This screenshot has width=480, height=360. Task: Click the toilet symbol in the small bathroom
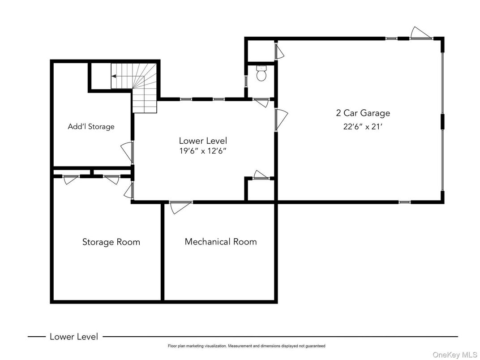point(261,73)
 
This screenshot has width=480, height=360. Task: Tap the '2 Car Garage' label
point(363,113)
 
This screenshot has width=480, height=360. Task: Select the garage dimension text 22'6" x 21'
point(363,126)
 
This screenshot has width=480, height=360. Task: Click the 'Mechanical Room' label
point(221,241)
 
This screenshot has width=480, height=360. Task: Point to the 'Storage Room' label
point(111,242)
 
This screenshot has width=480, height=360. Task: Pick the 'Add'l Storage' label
point(91,126)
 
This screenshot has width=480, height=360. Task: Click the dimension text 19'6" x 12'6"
point(203,151)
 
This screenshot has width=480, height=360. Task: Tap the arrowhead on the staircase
point(114,76)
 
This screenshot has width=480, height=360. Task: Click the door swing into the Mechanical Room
point(180,207)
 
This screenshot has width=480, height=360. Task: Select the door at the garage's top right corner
point(420,34)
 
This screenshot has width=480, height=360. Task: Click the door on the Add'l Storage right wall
point(127,152)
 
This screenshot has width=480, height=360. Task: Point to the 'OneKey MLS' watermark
point(455,355)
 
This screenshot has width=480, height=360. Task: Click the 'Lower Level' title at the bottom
point(74,337)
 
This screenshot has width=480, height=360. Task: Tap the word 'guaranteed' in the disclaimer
point(316,346)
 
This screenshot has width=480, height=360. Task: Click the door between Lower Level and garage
point(281,120)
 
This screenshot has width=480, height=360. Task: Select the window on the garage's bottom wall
point(404,202)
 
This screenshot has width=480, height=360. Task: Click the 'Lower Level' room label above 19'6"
point(203,141)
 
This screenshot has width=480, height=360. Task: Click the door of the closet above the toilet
point(279,51)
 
